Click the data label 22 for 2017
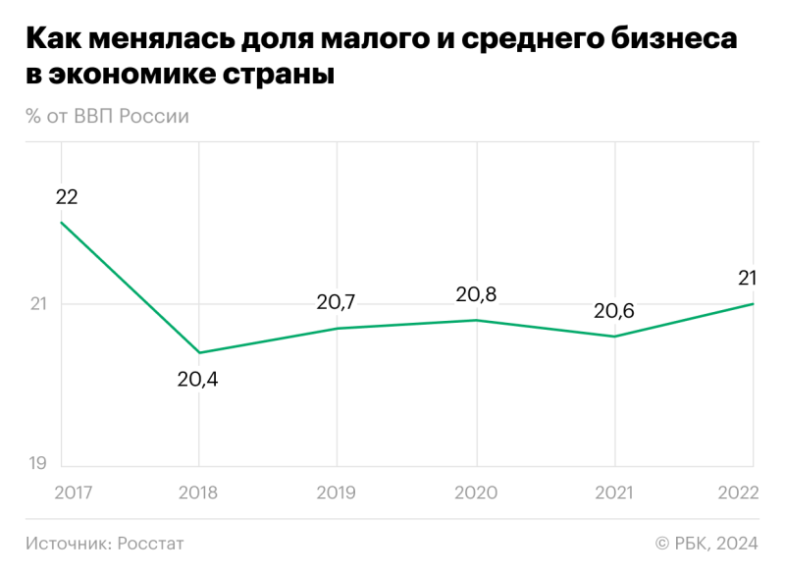(x=67, y=197)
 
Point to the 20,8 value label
(x=476, y=294)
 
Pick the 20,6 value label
(x=614, y=312)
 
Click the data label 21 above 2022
(x=747, y=279)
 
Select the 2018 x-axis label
(x=198, y=494)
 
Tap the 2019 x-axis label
(x=337, y=494)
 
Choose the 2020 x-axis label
(x=476, y=494)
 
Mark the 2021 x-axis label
(x=614, y=494)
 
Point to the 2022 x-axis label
(x=738, y=494)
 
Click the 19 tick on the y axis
(x=37, y=463)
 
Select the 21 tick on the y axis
(x=36, y=304)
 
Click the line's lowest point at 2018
(x=199, y=352)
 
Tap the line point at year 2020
(x=477, y=320)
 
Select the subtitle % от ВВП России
(x=108, y=116)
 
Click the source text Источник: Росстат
(x=105, y=543)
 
